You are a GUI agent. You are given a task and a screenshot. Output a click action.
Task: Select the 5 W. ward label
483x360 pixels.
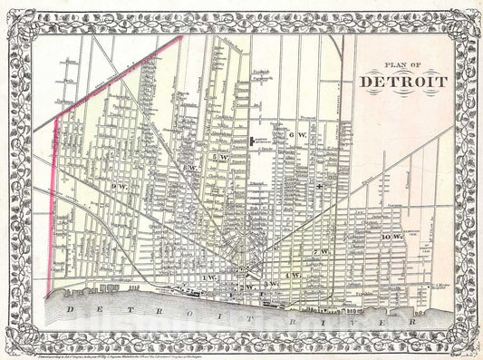[220, 158]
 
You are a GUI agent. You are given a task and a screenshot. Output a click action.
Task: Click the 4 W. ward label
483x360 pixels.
[291, 274]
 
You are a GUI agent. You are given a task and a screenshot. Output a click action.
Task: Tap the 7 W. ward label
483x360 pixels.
[320, 250]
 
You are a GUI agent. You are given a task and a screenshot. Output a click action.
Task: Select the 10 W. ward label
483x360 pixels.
[391, 237]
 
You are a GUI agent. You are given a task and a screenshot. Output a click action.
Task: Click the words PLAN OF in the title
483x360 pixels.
[403, 64]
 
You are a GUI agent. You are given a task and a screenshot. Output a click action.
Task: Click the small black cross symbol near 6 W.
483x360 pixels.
[320, 186]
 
